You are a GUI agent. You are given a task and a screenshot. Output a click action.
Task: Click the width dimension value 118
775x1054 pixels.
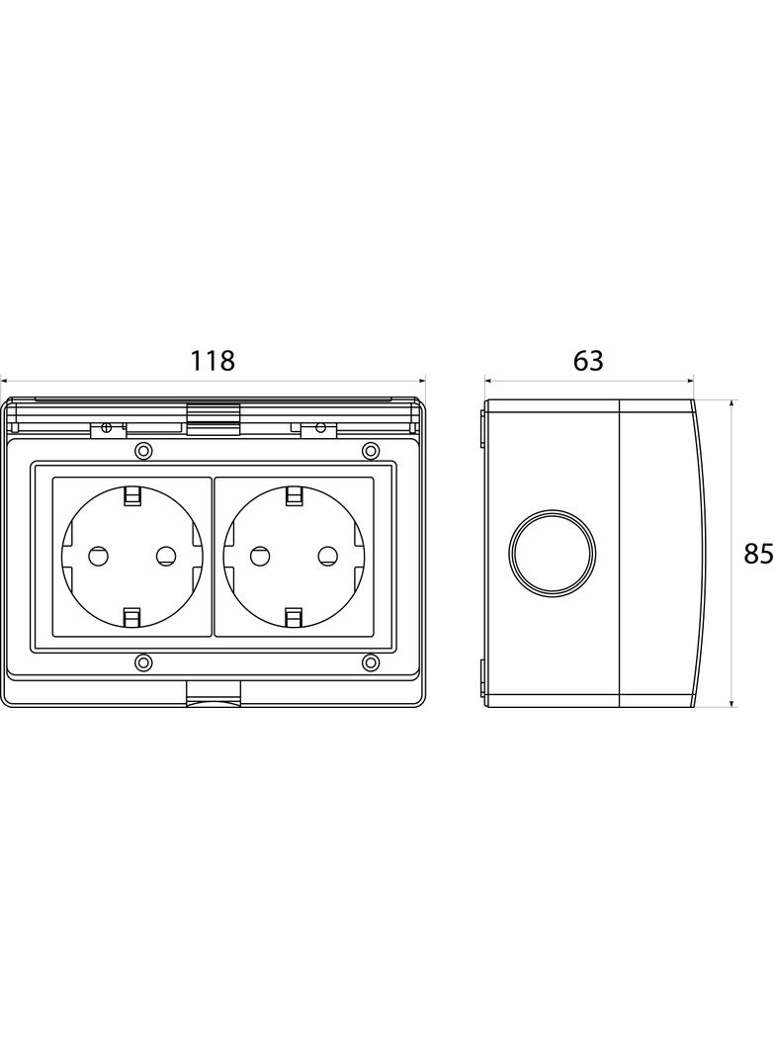[x=214, y=361]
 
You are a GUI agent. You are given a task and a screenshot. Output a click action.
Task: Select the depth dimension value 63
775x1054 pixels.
[x=588, y=361]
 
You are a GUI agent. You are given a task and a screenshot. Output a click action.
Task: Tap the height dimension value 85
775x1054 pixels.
[x=759, y=554]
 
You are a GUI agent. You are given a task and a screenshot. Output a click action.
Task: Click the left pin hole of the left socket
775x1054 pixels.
[x=98, y=556]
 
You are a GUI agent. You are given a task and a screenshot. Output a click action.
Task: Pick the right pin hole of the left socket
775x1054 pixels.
[x=165, y=556]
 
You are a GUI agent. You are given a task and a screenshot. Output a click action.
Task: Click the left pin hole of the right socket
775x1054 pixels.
[x=259, y=556]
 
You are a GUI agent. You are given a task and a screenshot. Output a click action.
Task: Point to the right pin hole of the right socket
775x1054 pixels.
[x=327, y=556]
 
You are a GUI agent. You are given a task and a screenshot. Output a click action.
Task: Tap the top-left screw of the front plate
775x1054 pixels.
[x=143, y=450]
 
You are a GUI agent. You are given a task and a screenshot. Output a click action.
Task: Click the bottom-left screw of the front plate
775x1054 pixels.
[x=143, y=662]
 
